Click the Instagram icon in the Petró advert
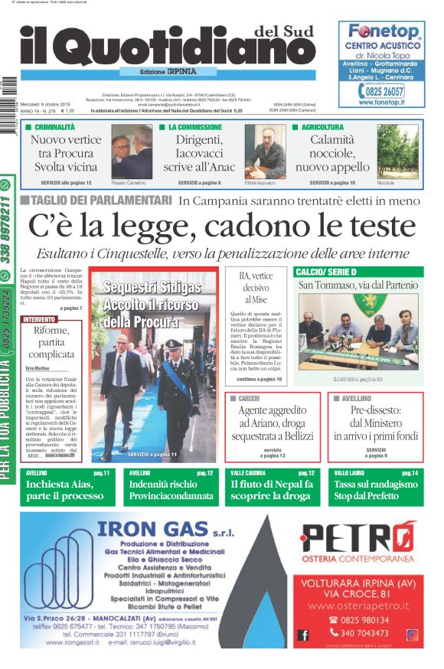tap(412, 635)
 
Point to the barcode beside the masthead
tap(8, 96)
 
